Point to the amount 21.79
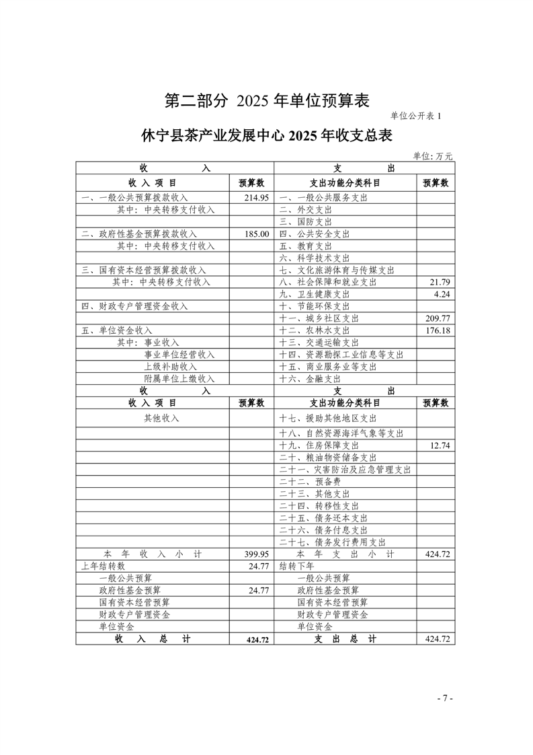coord(437,282)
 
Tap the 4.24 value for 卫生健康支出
coord(441,294)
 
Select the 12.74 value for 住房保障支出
coord(437,445)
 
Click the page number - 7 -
coord(444,698)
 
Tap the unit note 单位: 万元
coord(433,155)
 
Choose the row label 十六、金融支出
coord(305,379)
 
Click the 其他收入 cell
coord(161,418)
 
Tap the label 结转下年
coord(296,566)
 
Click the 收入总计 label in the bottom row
coord(153,639)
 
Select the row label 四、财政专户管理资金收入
coord(134,306)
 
